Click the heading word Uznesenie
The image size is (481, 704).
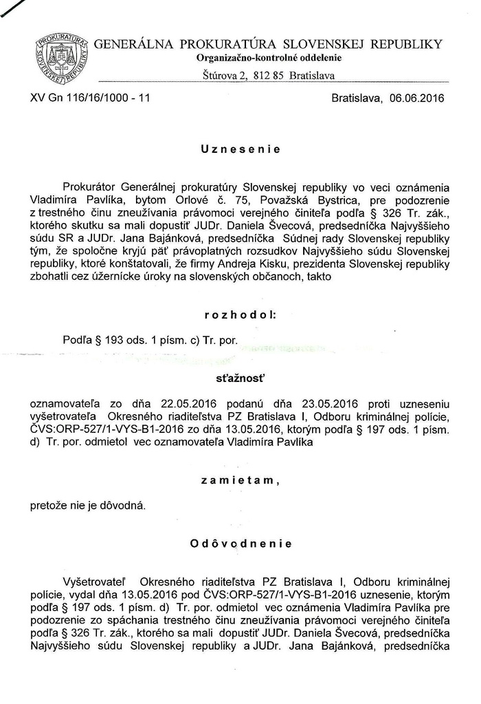(x=240, y=149)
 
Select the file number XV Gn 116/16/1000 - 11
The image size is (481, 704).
(x=90, y=98)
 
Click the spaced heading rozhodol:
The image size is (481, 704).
(x=240, y=314)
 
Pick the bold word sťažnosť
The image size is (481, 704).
(x=240, y=378)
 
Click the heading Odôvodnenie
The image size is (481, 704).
(x=240, y=544)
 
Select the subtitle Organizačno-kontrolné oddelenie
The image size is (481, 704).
(x=269, y=58)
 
